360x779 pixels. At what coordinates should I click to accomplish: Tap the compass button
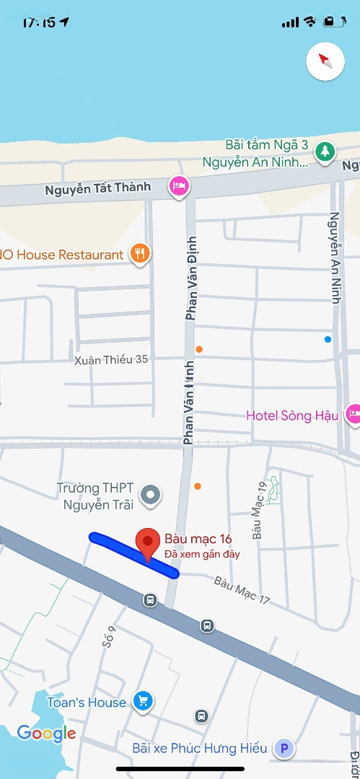pyautogui.click(x=325, y=61)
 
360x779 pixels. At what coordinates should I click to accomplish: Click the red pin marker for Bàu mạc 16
pyautogui.click(x=148, y=542)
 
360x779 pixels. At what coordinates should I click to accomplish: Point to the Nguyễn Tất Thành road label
pyautogui.click(x=98, y=189)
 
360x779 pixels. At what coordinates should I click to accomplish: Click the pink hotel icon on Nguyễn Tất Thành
pyautogui.click(x=178, y=187)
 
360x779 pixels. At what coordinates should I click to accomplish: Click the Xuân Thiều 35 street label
pyautogui.click(x=111, y=359)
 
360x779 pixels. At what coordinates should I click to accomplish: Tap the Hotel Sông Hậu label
pyautogui.click(x=292, y=415)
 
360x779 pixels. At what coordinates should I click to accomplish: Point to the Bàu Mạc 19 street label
pyautogui.click(x=259, y=520)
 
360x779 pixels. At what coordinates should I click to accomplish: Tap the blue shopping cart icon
pyautogui.click(x=143, y=701)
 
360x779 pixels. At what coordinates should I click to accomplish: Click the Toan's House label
pyautogui.click(x=87, y=702)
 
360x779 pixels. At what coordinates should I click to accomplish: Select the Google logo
pyautogui.click(x=46, y=734)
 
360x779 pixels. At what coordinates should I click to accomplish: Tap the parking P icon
pyautogui.click(x=284, y=749)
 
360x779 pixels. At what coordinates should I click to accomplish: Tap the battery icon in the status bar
pyautogui.click(x=333, y=22)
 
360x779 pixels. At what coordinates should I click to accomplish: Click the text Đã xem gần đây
pyautogui.click(x=202, y=554)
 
